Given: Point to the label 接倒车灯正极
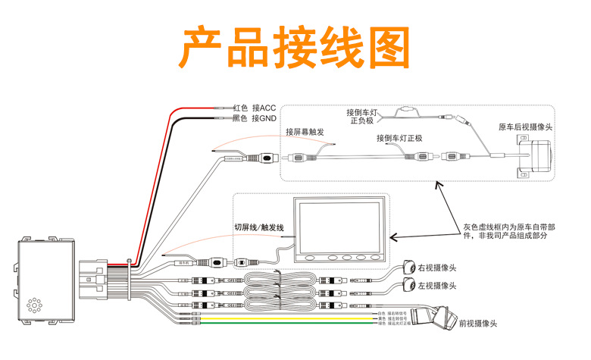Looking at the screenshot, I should pos(399,139).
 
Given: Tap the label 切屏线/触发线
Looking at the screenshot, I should pos(258,228).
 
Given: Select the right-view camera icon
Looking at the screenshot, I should pos(409,268).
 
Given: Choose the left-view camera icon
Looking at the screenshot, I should pos(410,285).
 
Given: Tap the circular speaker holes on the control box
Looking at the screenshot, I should pos(33,306).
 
